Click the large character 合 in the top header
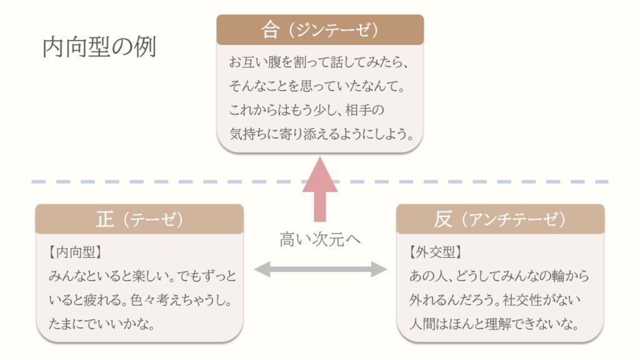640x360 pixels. [x=269, y=29]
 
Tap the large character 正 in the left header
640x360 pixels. [x=105, y=219]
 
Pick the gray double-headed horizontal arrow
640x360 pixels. [x=320, y=269]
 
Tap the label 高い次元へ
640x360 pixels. [x=320, y=239]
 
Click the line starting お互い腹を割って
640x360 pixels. [x=318, y=63]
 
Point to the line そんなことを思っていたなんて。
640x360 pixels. [x=317, y=86]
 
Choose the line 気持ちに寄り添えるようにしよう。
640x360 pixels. [x=322, y=132]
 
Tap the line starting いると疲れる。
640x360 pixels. [x=141, y=301]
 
